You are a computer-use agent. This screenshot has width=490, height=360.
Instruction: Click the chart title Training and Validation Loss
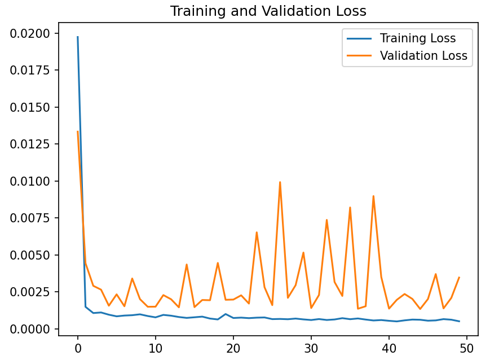tap(268, 11)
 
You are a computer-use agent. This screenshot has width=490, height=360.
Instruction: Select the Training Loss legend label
tap(417, 38)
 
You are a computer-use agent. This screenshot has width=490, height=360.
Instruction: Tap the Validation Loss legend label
tap(423, 56)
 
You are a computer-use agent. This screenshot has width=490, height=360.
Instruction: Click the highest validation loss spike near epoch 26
tap(280, 182)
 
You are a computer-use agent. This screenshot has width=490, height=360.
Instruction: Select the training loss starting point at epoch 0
tap(78, 37)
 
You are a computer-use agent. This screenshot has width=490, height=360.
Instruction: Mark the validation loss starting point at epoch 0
tap(78, 132)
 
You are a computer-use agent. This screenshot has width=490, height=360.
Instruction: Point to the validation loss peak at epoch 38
tap(373, 196)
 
